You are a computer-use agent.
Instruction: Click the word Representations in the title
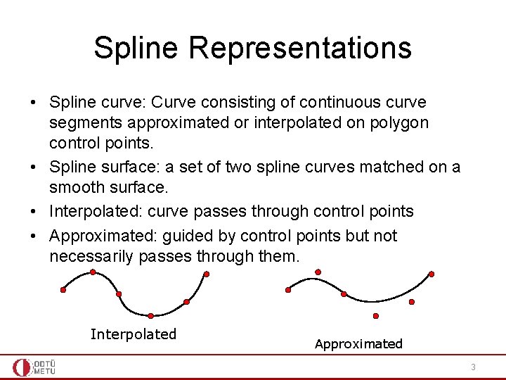pyautogui.click(x=300, y=48)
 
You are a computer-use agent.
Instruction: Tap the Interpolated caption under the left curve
pyautogui.click(x=134, y=334)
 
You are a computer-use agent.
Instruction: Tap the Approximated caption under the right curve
pyautogui.click(x=358, y=344)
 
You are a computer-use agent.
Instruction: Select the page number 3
pyautogui.click(x=473, y=367)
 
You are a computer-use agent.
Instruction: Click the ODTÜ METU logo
pyautogui.click(x=34, y=367)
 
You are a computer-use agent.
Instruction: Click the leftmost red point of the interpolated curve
pyautogui.click(x=63, y=290)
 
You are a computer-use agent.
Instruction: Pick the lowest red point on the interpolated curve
pyautogui.click(x=151, y=316)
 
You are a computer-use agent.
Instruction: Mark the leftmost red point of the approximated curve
pyautogui.click(x=288, y=289)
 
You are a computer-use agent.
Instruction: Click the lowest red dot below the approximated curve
pyautogui.click(x=376, y=316)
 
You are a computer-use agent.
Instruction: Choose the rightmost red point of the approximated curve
pyautogui.click(x=432, y=274)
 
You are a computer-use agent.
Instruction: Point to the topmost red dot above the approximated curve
pyautogui.click(x=318, y=272)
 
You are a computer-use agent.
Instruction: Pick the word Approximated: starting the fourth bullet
pyautogui.click(x=102, y=236)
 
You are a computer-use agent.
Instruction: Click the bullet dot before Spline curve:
pyautogui.click(x=33, y=103)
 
